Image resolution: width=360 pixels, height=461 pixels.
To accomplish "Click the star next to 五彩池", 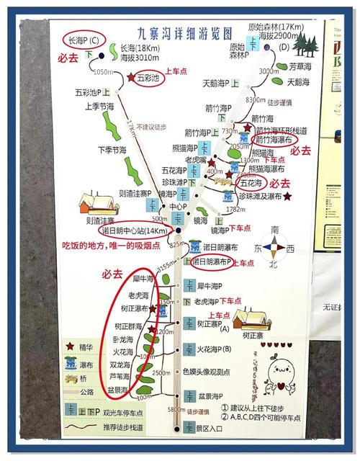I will point(130,77).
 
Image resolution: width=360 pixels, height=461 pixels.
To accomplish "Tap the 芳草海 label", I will point(296,66).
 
